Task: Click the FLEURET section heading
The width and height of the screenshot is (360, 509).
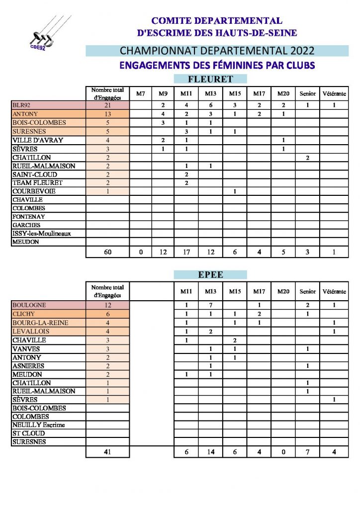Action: (210, 79)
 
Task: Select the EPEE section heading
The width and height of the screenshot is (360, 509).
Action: (210, 274)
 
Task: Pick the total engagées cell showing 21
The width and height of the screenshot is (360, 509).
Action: (108, 105)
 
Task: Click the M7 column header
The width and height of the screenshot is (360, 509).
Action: (141, 93)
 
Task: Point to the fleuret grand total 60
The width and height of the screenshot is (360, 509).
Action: (108, 252)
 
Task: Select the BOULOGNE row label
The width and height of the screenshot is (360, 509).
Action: (29, 305)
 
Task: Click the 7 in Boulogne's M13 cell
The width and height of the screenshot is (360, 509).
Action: (211, 305)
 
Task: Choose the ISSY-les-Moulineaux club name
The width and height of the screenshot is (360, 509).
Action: (41, 234)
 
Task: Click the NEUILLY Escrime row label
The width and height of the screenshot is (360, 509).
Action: (39, 425)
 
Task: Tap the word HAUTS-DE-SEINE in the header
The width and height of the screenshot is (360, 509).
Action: (259, 33)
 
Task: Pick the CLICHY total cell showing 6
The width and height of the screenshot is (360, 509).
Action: (108, 314)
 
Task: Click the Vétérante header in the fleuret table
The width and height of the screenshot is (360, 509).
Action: (335, 93)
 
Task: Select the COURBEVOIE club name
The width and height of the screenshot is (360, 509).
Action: (34, 191)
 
